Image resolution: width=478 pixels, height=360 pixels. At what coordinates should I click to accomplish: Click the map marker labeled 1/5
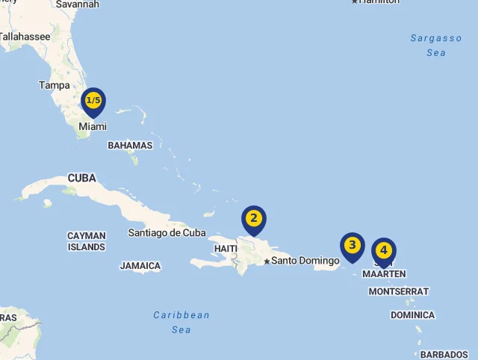pyautogui.click(x=93, y=101)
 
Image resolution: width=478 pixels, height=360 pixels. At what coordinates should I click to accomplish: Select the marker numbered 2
pyautogui.click(x=254, y=219)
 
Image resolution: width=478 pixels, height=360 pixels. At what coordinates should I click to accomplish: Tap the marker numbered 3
pyautogui.click(x=353, y=246)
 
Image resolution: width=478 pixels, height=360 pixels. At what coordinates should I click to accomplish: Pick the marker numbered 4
pyautogui.click(x=384, y=251)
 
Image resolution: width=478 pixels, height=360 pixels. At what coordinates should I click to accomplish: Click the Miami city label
pyautogui.click(x=93, y=127)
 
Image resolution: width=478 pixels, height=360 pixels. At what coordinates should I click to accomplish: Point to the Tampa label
pyautogui.click(x=55, y=85)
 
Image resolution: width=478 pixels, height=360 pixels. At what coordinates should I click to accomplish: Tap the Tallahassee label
pyautogui.click(x=25, y=36)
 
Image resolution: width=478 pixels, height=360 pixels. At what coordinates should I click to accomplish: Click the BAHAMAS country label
pyautogui.click(x=130, y=146)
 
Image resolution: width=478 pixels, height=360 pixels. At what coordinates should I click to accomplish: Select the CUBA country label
pyautogui.click(x=82, y=179)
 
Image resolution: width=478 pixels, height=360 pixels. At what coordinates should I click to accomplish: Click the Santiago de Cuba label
pyautogui.click(x=167, y=233)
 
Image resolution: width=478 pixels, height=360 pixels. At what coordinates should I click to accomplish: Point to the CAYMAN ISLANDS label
pyautogui.click(x=87, y=241)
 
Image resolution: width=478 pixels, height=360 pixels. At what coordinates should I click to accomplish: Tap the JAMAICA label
pyautogui.click(x=140, y=266)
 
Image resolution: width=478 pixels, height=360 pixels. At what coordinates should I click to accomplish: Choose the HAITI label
pyautogui.click(x=226, y=249)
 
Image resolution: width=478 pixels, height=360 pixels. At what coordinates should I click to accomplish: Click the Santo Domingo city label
pyautogui.click(x=305, y=261)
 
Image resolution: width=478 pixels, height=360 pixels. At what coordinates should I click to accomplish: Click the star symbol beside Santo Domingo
pyautogui.click(x=267, y=261)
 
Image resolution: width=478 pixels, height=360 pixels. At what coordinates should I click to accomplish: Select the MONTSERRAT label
pyautogui.click(x=399, y=291)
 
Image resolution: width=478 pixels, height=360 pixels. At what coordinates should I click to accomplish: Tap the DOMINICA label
pyautogui.click(x=412, y=315)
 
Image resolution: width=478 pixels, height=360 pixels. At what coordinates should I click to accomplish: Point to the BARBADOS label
pyautogui.click(x=444, y=355)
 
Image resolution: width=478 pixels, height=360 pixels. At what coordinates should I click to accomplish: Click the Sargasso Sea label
pyautogui.click(x=436, y=46)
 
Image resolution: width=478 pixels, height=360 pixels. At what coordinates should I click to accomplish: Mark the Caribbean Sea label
pyautogui.click(x=181, y=322)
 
